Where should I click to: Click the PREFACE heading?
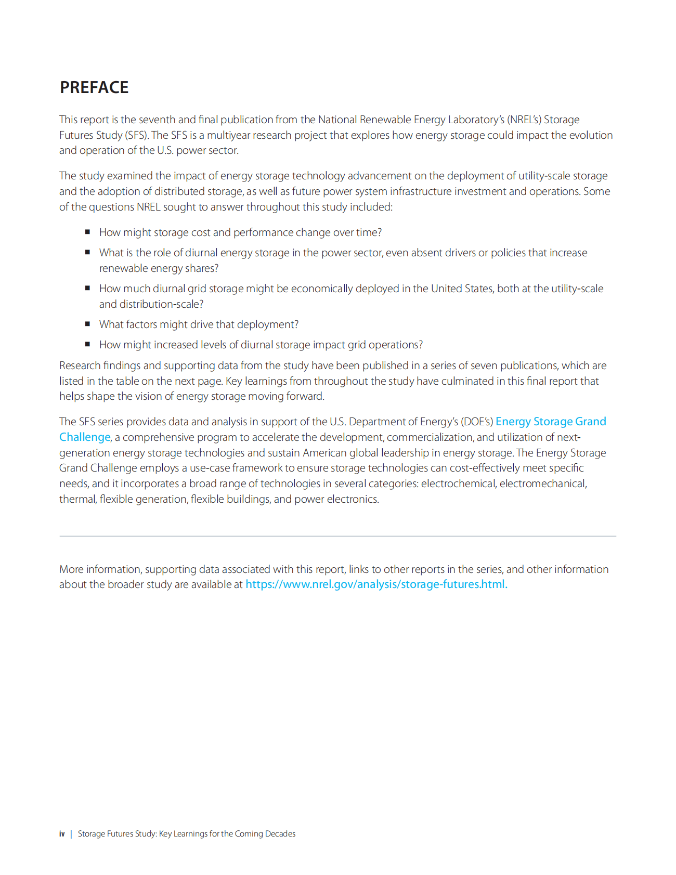(94, 87)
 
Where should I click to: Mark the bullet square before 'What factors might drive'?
(87, 324)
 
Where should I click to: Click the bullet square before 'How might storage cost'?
(87, 232)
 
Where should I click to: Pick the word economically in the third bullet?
(322, 289)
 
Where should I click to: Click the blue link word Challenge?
(85, 437)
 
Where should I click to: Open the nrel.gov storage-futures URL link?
(376, 584)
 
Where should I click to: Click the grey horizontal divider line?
(337, 536)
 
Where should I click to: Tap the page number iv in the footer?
(62, 834)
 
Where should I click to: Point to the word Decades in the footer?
(280, 834)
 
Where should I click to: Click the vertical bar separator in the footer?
(71, 834)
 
